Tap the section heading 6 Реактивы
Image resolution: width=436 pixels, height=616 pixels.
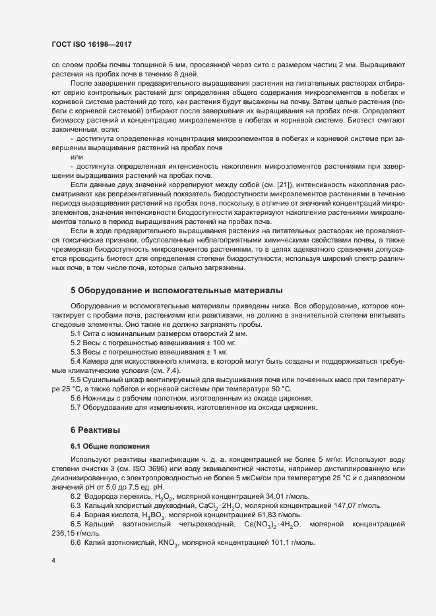pos(95,430)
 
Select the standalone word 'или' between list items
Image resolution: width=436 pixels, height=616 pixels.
pos(77,157)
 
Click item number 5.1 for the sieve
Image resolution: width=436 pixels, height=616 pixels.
pos(77,335)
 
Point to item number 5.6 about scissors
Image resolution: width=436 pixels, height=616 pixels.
pos(77,399)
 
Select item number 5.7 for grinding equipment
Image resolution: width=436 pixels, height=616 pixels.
pos(77,408)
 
